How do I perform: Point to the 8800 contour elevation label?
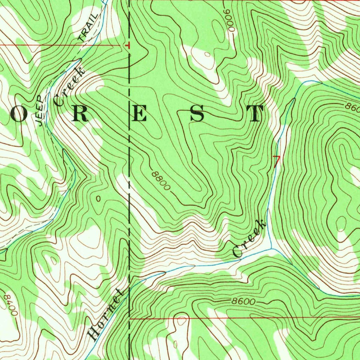[x=161, y=181]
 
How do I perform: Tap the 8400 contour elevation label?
[x=9, y=304]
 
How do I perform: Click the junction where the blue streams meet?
[x=271, y=248]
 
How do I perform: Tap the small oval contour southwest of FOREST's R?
[x=98, y=199]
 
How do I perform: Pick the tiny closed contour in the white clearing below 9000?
[x=207, y=54]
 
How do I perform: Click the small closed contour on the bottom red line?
[x=181, y=320]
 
